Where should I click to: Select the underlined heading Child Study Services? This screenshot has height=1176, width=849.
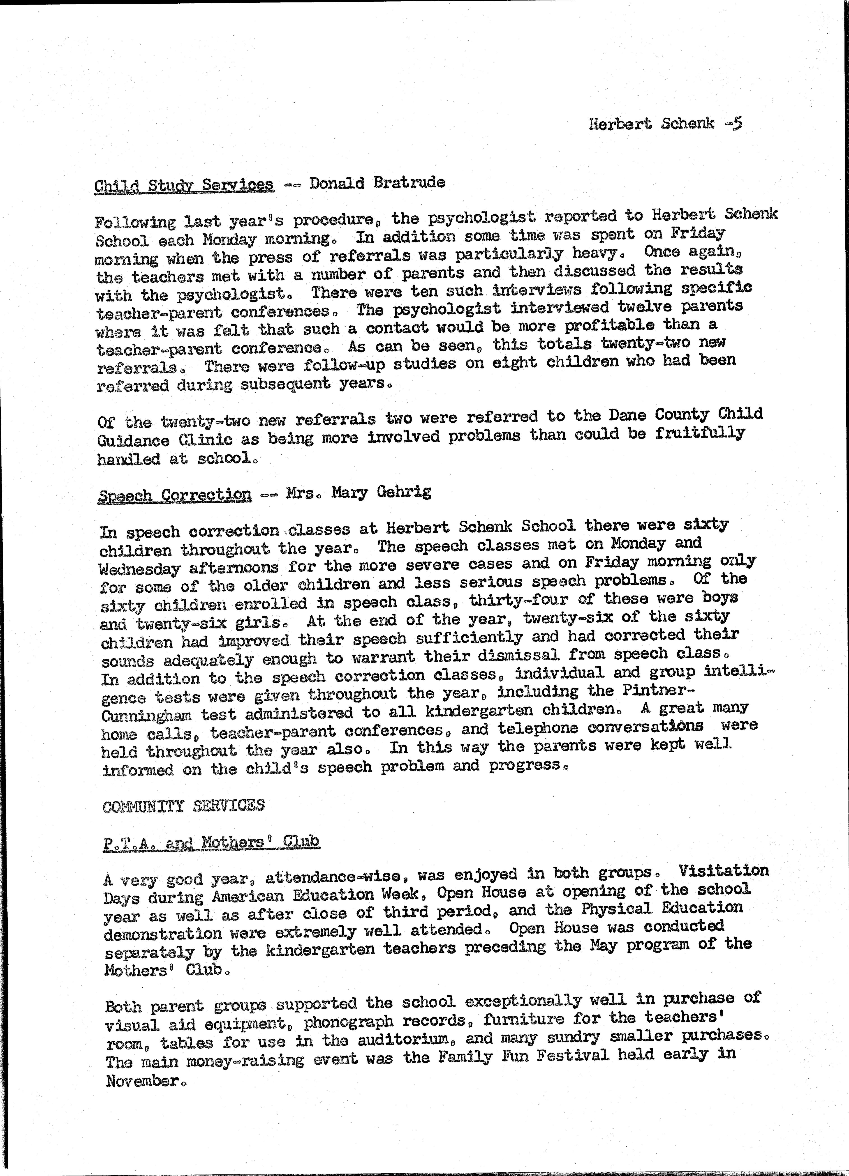tap(184, 185)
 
